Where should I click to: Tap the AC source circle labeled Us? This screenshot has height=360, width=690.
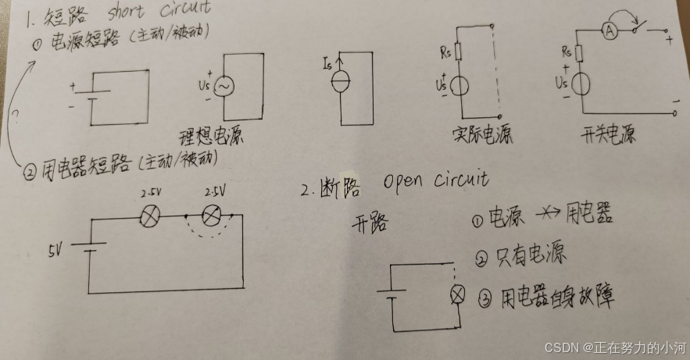(x=223, y=86)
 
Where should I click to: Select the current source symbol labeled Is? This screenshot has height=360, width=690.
(x=341, y=80)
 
